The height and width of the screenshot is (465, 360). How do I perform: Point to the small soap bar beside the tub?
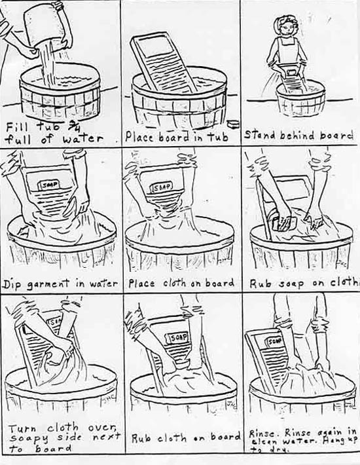pos(233,123)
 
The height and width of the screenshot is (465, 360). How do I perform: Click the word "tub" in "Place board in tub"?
pos(219,138)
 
